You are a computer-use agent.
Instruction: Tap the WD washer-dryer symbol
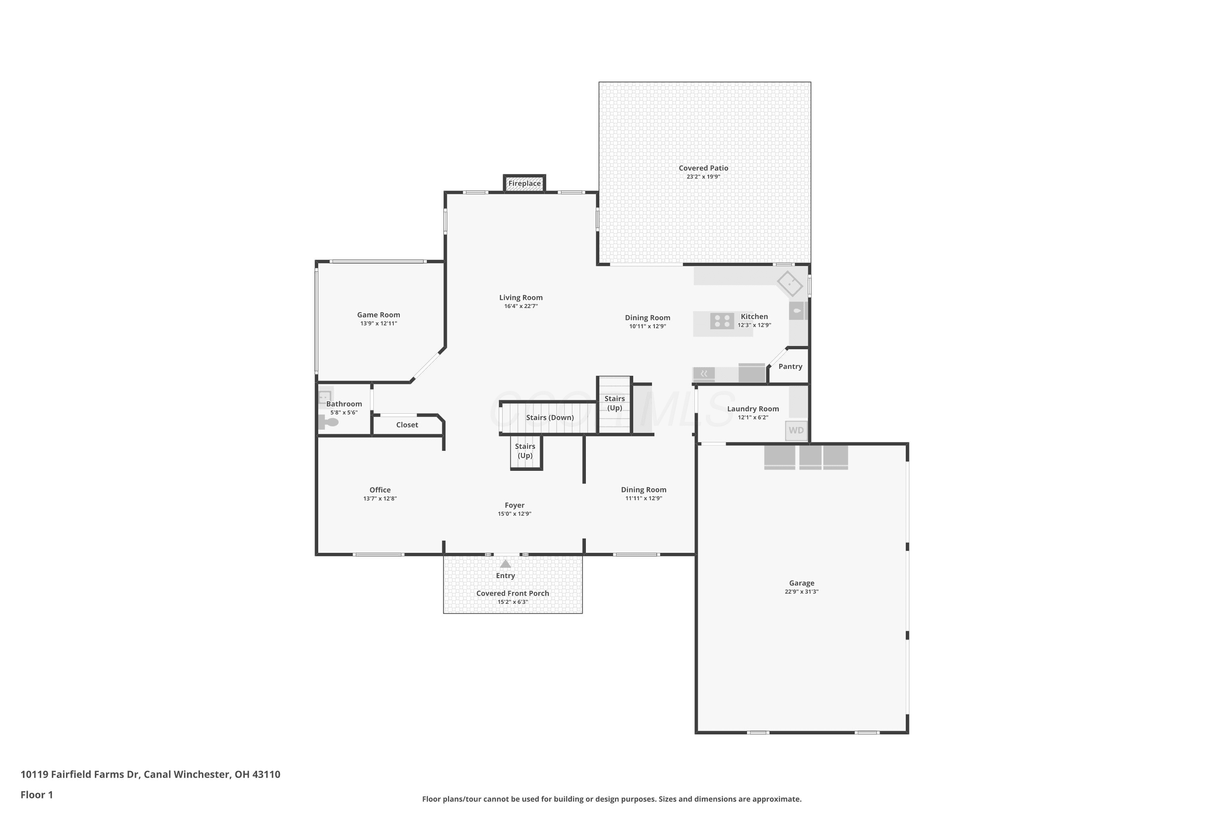pos(796,431)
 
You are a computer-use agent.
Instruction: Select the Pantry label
pos(790,367)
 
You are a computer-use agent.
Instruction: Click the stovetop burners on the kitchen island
pos(722,321)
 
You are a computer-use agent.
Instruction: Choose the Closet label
pos(407,425)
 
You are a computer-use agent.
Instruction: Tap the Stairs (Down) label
pos(550,418)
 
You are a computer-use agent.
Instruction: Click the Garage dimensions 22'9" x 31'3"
pos(801,592)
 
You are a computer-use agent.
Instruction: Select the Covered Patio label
pos(703,168)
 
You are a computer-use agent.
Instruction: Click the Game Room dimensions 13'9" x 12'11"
pos(378,324)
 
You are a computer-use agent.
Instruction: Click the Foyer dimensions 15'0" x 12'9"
pos(514,514)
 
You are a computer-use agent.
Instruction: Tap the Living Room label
pos(521,298)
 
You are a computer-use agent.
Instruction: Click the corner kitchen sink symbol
pos(790,284)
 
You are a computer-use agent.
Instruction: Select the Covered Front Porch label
pos(512,594)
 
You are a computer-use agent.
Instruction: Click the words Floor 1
pos(36,795)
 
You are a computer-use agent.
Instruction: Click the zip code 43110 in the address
pos(266,774)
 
